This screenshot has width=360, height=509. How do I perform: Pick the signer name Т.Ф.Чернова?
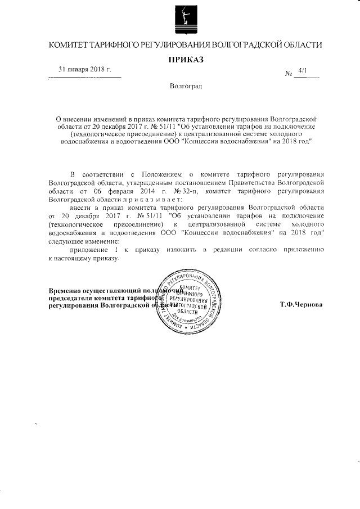tap(301, 304)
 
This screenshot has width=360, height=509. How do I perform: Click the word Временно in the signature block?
tap(66, 291)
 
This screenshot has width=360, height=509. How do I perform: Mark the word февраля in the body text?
tap(109, 191)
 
